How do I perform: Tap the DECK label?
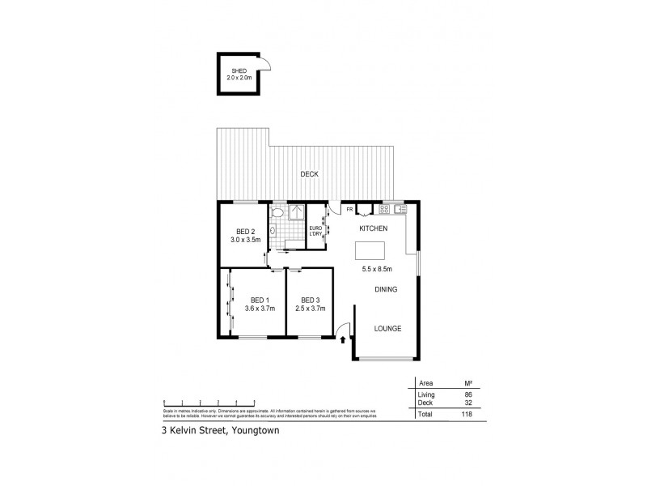(308, 174)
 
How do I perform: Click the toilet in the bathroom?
(277, 212)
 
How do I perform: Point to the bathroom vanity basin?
(273, 231)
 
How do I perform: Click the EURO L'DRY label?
(316, 231)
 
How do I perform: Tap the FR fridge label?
(349, 210)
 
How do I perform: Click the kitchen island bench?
(372, 249)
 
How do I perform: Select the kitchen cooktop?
(386, 209)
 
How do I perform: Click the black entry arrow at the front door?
(344, 343)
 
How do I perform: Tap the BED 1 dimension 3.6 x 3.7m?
(260, 309)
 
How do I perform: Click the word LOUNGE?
(387, 328)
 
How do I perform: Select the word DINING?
(385, 289)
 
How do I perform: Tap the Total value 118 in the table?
(466, 413)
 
